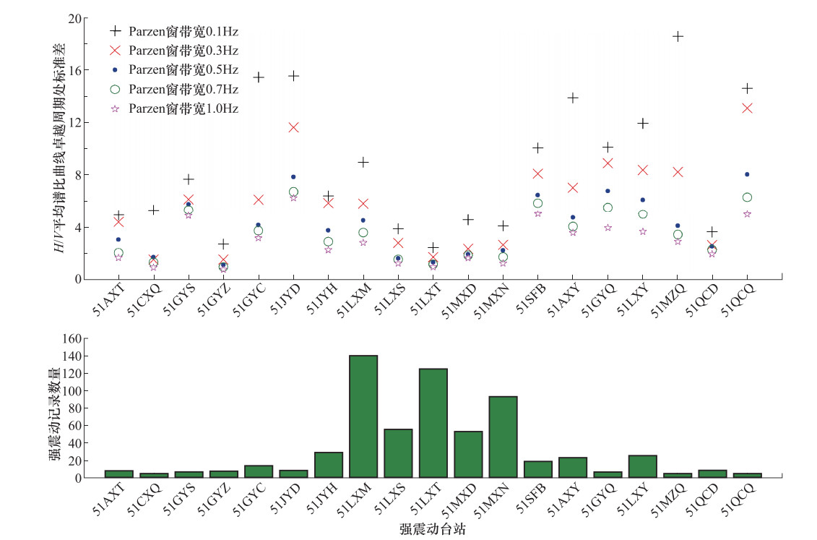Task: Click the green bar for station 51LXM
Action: coord(363,416)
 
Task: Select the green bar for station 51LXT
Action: coord(433,423)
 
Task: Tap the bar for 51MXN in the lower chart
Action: coord(503,437)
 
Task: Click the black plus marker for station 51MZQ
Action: coord(678,36)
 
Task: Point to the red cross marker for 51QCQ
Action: coord(748,108)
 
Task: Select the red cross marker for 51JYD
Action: coord(293,127)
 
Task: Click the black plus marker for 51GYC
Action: coord(259,77)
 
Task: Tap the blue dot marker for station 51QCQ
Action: coord(747,174)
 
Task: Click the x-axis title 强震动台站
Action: coord(432,529)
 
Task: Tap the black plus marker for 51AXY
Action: coord(573,98)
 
